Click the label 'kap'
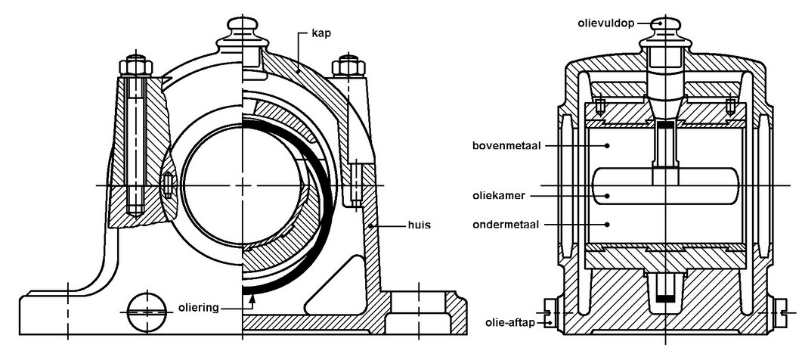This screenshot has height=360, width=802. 321,35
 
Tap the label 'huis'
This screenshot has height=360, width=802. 404,225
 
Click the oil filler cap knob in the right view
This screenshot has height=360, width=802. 664,23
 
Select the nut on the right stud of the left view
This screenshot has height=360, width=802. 348,66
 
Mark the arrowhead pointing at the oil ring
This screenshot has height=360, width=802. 252,298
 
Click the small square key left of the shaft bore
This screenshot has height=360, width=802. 168,185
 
